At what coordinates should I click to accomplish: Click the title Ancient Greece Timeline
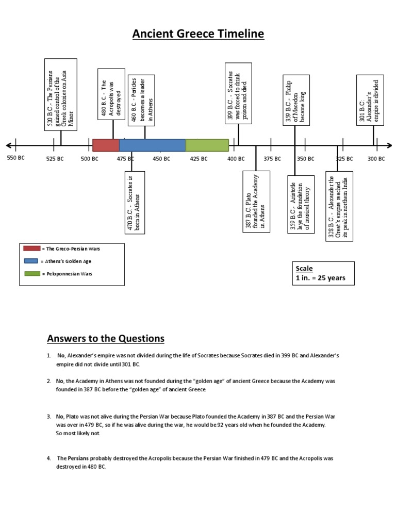pyautogui.click(x=198, y=34)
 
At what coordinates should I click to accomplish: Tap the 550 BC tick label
pyautogui.click(x=15, y=158)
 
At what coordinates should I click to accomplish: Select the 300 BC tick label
pyautogui.click(x=376, y=158)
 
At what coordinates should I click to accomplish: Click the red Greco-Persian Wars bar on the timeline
pyautogui.click(x=106, y=145)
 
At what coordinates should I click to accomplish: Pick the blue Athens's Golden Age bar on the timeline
pyautogui.click(x=153, y=145)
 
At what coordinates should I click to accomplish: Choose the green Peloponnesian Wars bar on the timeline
pyautogui.click(x=207, y=145)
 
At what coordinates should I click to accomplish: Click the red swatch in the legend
pyautogui.click(x=32, y=249)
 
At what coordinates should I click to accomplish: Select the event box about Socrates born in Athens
pyautogui.click(x=135, y=202)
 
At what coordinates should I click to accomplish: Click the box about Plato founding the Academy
pyautogui.click(x=256, y=202)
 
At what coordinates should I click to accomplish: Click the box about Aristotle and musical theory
pyautogui.click(x=300, y=204)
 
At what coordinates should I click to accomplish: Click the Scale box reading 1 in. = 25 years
pyautogui.click(x=323, y=273)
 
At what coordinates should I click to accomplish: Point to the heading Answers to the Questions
pyautogui.click(x=106, y=339)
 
